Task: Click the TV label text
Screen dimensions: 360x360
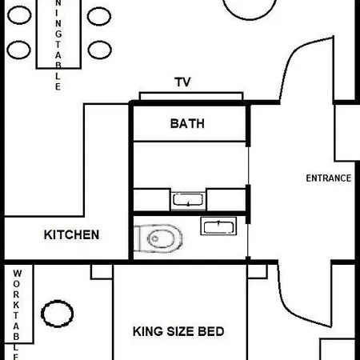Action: (182, 82)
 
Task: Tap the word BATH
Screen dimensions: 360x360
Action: (187, 124)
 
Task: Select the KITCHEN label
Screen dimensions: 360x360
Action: (71, 235)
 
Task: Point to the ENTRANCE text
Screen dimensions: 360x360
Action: (329, 178)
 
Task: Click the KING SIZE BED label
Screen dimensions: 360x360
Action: (178, 331)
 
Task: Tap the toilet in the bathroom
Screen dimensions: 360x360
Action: (158, 238)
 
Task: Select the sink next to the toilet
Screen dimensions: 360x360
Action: (218, 226)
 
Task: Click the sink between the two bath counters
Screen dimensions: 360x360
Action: (188, 200)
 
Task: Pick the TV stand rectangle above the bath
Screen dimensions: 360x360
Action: (191, 96)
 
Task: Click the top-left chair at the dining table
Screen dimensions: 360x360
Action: (19, 15)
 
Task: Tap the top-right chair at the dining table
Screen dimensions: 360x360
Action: (99, 16)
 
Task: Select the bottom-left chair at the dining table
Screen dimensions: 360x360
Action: (18, 50)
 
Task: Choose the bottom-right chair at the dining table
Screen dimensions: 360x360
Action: (100, 50)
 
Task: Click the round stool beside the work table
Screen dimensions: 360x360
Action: (58, 314)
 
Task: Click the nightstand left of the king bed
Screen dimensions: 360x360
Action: (102, 272)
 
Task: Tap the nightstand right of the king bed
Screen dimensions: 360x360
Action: (258, 271)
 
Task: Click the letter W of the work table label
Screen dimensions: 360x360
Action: (17, 274)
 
